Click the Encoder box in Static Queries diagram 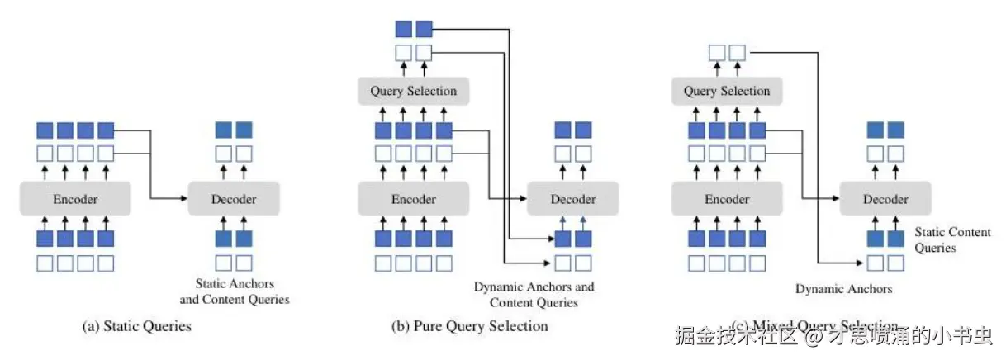tap(75, 199)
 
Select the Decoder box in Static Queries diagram tap(234, 199)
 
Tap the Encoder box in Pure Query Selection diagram tap(413, 199)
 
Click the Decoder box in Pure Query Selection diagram tap(573, 199)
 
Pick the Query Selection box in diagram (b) tap(413, 91)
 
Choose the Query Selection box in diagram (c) tap(727, 91)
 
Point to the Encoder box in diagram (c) tap(727, 199)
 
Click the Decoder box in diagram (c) tap(885, 199)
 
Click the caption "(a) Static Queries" tap(137, 326)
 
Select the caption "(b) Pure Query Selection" tap(469, 326)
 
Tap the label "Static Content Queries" tap(951, 239)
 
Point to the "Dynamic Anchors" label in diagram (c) tap(843, 289)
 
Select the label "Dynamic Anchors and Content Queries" tap(534, 295)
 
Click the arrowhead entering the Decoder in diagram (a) tap(184, 199)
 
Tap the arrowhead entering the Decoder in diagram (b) tap(523, 199)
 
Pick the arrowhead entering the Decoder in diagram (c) tap(837, 199)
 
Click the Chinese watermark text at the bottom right tap(833, 336)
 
